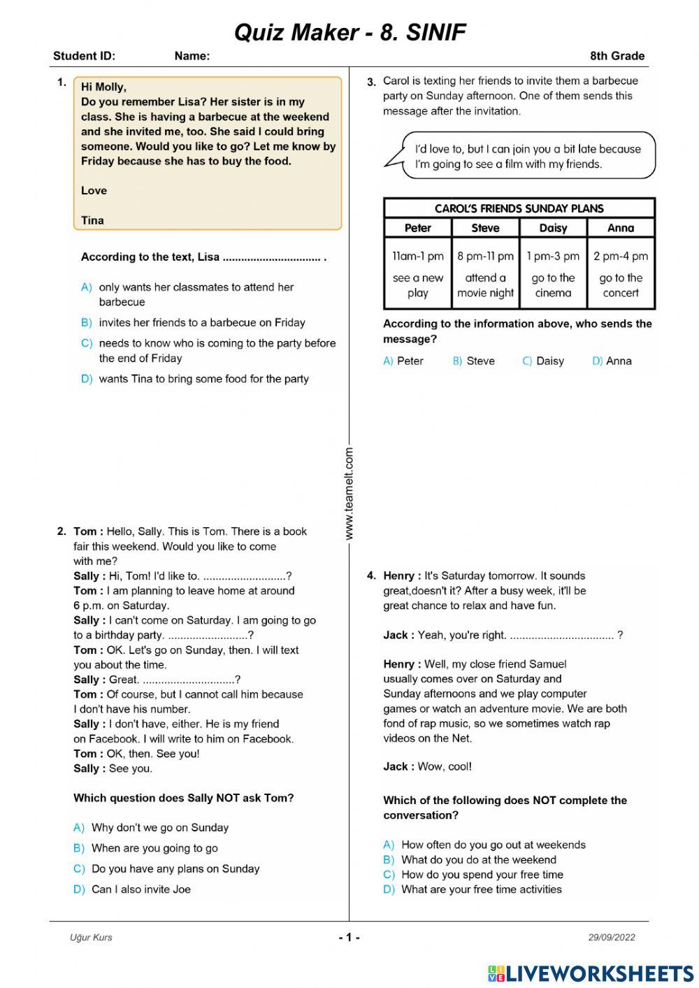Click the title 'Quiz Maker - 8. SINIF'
(x=349, y=32)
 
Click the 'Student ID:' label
(x=84, y=56)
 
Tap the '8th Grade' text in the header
(x=617, y=56)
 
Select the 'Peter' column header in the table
(x=417, y=228)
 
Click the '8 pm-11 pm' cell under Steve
(x=485, y=256)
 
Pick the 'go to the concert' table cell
(x=621, y=285)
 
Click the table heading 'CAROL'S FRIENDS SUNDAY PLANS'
(x=519, y=208)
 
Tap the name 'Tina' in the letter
(x=92, y=220)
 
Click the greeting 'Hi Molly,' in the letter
(x=103, y=87)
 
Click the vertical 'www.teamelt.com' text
(x=349, y=494)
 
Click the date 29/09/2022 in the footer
(x=612, y=938)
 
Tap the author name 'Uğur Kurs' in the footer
(x=91, y=938)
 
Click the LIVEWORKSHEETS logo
(x=591, y=973)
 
